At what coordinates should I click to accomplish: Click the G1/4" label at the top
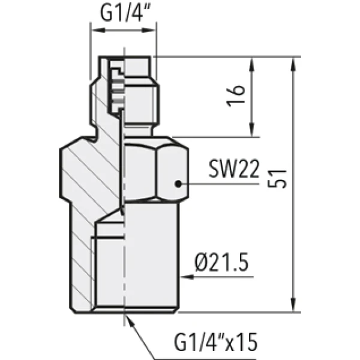click(x=125, y=13)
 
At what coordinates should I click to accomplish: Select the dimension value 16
click(x=235, y=96)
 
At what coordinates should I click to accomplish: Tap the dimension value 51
click(x=277, y=179)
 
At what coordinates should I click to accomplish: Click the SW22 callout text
click(x=234, y=169)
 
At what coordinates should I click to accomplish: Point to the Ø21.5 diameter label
click(x=221, y=262)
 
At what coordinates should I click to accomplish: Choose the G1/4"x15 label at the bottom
click(x=216, y=341)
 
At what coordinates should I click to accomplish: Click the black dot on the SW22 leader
click(x=178, y=184)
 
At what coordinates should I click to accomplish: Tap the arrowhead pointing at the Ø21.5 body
click(x=187, y=277)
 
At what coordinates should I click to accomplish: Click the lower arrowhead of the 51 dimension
click(x=293, y=305)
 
